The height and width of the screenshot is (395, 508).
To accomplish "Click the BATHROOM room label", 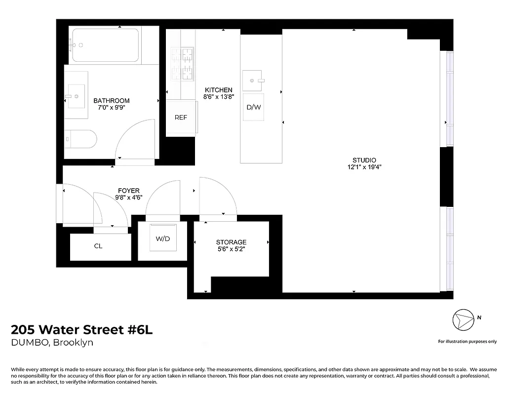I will (x=112, y=101).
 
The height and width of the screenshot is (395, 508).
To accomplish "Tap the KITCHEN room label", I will (x=218, y=90).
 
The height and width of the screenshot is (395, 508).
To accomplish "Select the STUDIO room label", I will (x=364, y=160).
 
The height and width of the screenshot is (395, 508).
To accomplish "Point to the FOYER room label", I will (x=128, y=191).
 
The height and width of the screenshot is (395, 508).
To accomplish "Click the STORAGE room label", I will (x=231, y=242).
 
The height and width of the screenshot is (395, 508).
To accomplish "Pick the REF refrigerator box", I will (x=181, y=118).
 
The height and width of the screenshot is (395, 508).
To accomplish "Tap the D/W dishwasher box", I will (x=254, y=107).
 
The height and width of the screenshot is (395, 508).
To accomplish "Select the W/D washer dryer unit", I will (x=162, y=239).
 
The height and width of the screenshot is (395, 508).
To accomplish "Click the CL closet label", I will (x=98, y=246).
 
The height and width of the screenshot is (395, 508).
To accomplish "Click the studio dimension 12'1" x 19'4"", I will (x=364, y=167).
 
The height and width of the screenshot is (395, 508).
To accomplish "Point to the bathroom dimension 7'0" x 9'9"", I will (x=112, y=108).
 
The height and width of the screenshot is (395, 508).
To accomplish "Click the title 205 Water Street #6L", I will (x=82, y=330).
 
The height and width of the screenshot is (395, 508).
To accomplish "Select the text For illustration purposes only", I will (x=467, y=341).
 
